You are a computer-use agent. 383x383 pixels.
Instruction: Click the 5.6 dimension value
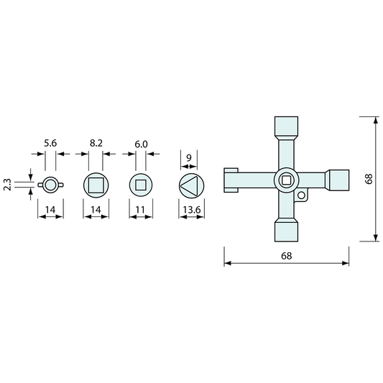(x=50, y=143)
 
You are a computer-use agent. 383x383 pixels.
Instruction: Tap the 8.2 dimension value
(x=96, y=143)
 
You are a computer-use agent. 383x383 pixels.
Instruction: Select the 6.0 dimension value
(x=141, y=144)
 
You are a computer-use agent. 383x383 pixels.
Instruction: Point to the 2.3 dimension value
(x=8, y=185)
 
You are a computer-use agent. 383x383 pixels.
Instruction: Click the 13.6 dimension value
(x=191, y=210)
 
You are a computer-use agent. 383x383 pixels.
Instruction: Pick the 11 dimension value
(x=140, y=210)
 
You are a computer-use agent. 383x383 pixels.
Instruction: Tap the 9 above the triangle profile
(x=189, y=158)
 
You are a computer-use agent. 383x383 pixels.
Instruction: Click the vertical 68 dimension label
(x=369, y=179)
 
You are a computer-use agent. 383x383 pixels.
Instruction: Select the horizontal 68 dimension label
(x=286, y=256)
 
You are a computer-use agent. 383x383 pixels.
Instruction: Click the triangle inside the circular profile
(x=188, y=185)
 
